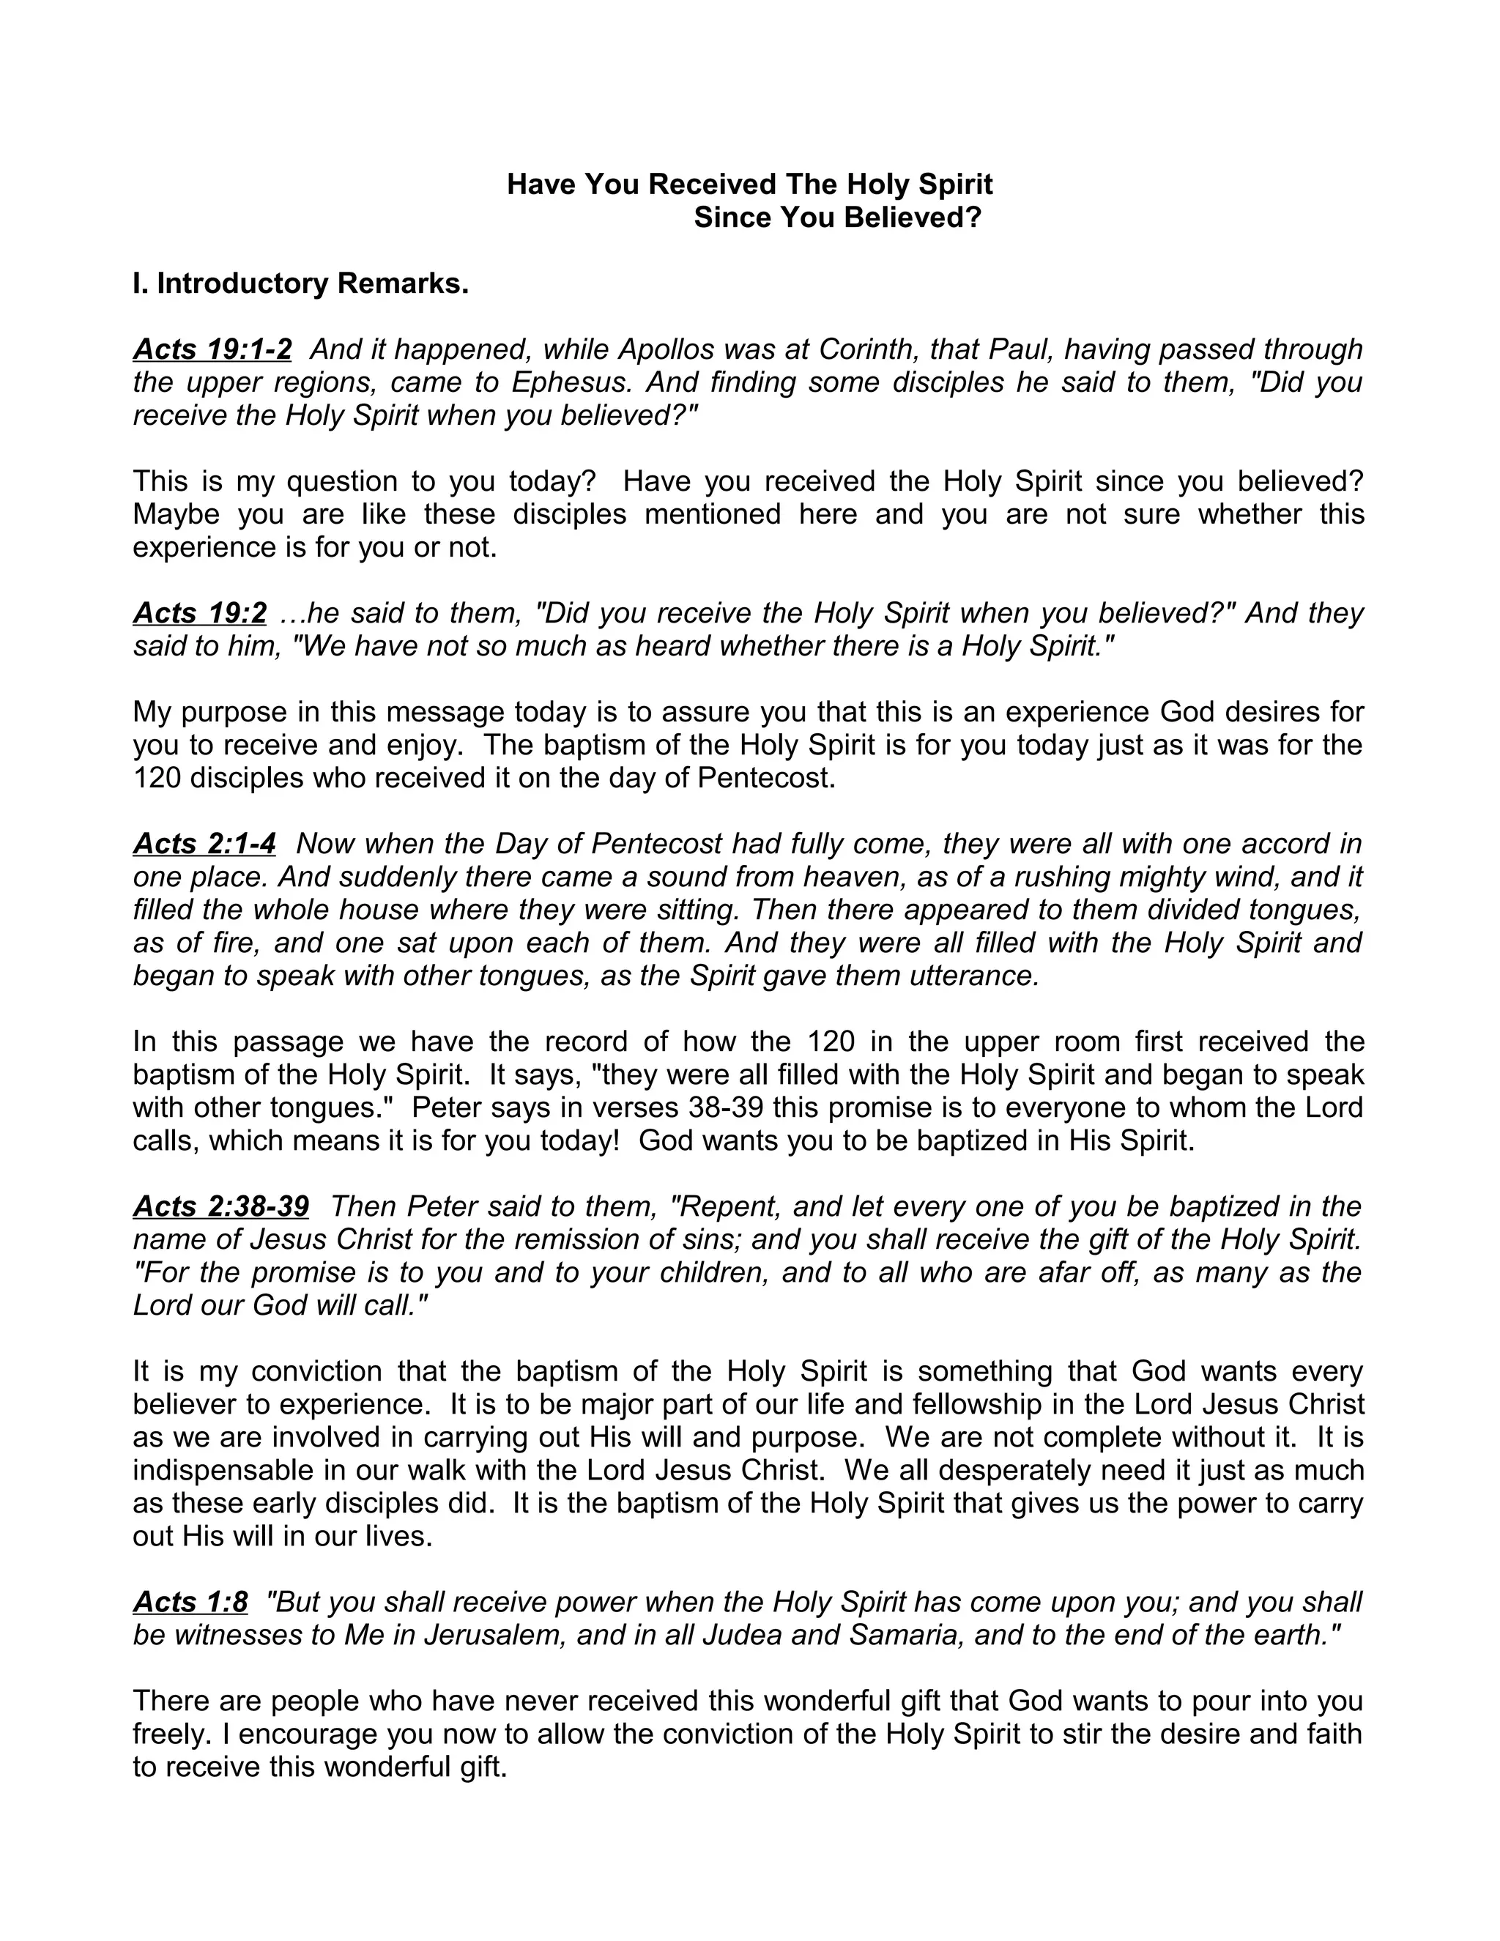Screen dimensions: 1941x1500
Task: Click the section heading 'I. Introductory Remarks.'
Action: coord(300,283)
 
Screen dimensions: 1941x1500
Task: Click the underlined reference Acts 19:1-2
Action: coord(212,349)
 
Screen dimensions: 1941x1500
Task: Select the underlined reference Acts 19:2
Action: coord(200,613)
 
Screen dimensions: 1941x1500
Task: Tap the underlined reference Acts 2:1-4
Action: coord(204,843)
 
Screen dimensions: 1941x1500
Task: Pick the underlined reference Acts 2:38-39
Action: coord(221,1206)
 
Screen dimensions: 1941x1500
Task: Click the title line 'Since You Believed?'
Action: coord(837,218)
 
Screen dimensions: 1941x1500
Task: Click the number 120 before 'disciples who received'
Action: coord(157,778)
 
